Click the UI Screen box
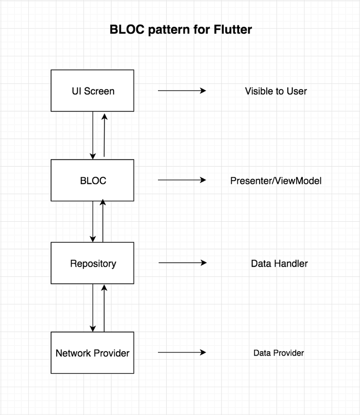point(93,91)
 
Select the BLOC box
point(93,180)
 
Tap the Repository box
point(93,264)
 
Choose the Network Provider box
point(93,353)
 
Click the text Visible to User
point(276,91)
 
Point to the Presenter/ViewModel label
point(276,181)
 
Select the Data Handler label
point(279,264)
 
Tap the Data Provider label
point(278,353)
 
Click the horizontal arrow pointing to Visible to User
point(182,91)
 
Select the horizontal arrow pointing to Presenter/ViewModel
point(182,180)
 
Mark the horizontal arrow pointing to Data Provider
point(182,352)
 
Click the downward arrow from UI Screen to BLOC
point(93,135)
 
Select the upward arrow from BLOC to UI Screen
point(104,135)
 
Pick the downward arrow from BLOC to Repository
point(93,222)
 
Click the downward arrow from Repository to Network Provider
point(93,308)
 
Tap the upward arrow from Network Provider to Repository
point(104,308)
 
